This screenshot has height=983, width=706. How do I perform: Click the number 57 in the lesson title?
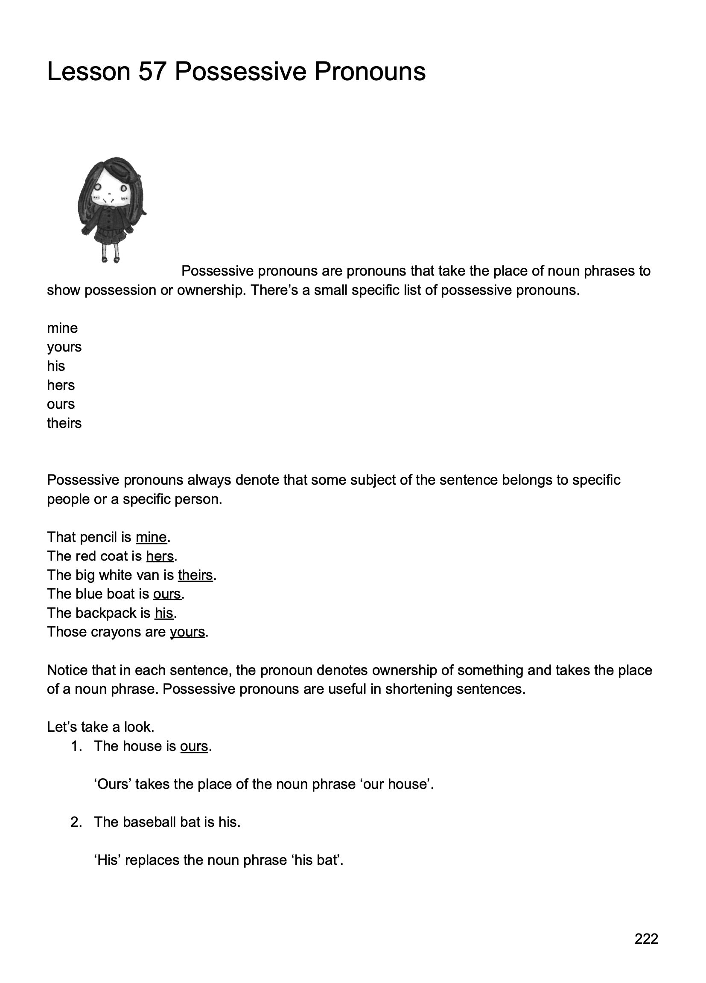pos(152,72)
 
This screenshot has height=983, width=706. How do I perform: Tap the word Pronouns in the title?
pos(370,72)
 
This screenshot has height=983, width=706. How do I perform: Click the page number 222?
pos(646,938)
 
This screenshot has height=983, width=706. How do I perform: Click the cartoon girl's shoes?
pos(110,260)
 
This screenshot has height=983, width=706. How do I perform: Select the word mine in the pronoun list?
pos(62,328)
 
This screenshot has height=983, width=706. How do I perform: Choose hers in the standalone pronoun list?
pos(61,385)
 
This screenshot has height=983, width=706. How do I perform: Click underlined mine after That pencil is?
pos(151,538)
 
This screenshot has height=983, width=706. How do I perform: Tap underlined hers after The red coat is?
pos(160,556)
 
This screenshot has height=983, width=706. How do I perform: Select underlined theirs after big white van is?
pos(195,575)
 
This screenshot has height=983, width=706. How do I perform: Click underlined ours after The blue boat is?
pos(166,594)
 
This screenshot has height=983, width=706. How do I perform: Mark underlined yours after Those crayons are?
pos(187,632)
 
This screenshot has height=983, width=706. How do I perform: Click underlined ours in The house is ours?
pos(194,746)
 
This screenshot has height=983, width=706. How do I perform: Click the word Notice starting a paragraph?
pos(67,671)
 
